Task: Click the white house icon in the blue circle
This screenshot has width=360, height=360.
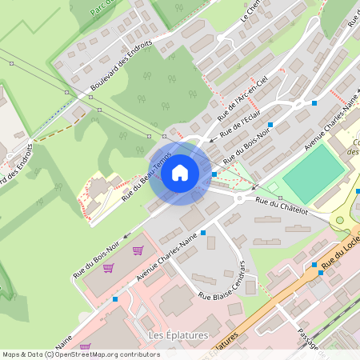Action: click(180, 172)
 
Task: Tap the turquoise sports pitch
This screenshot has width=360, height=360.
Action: click(314, 173)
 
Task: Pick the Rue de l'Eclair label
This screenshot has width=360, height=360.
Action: click(241, 119)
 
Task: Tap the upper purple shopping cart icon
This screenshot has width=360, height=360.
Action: click(138, 250)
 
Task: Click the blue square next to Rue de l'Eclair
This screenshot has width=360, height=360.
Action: click(271, 125)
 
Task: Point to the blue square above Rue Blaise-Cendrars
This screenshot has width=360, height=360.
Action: click(204, 232)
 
